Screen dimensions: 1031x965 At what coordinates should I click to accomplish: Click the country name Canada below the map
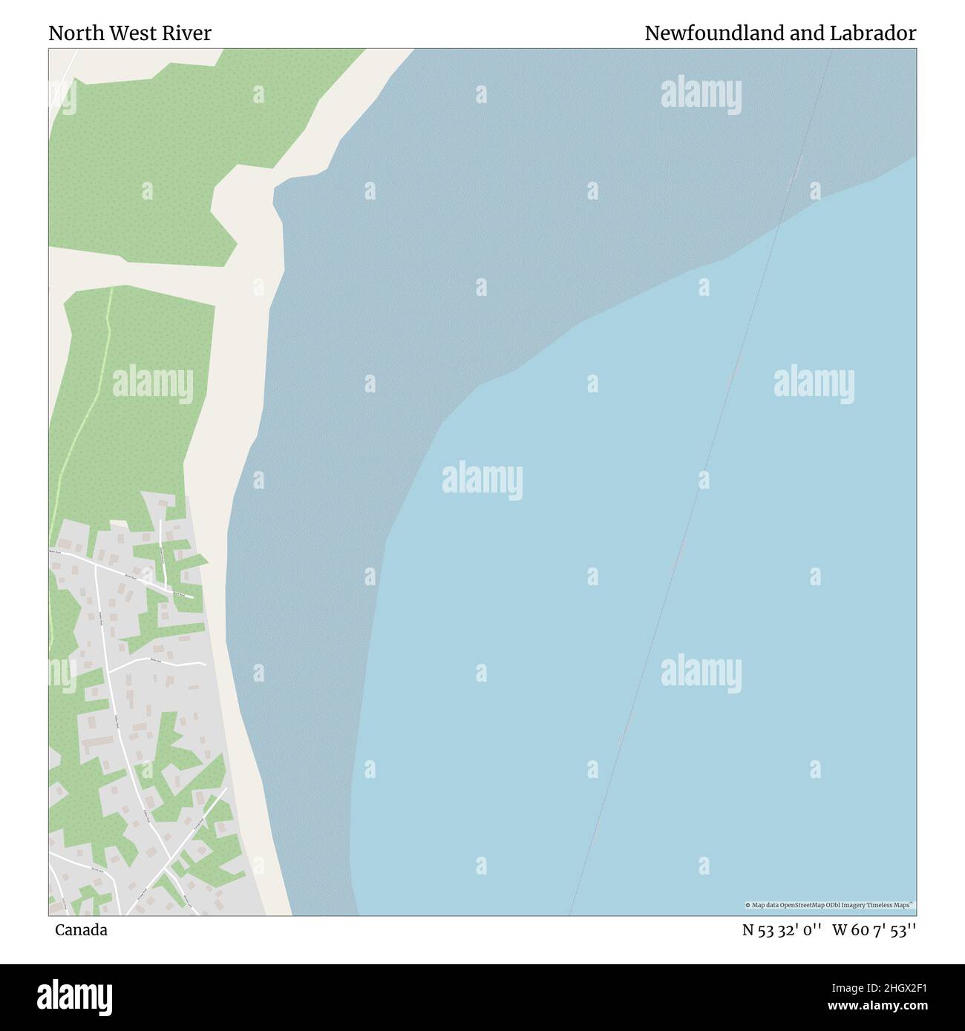pos(81,930)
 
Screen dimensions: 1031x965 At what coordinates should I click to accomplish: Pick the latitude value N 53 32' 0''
pos(782,930)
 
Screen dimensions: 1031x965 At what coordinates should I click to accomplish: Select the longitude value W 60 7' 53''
pos(874,930)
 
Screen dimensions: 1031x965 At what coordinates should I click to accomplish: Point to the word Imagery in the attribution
pos(861,905)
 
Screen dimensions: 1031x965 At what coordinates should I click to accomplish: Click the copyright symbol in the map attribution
pos(748,905)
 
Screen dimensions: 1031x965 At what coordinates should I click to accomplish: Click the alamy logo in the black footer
pos(76,996)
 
